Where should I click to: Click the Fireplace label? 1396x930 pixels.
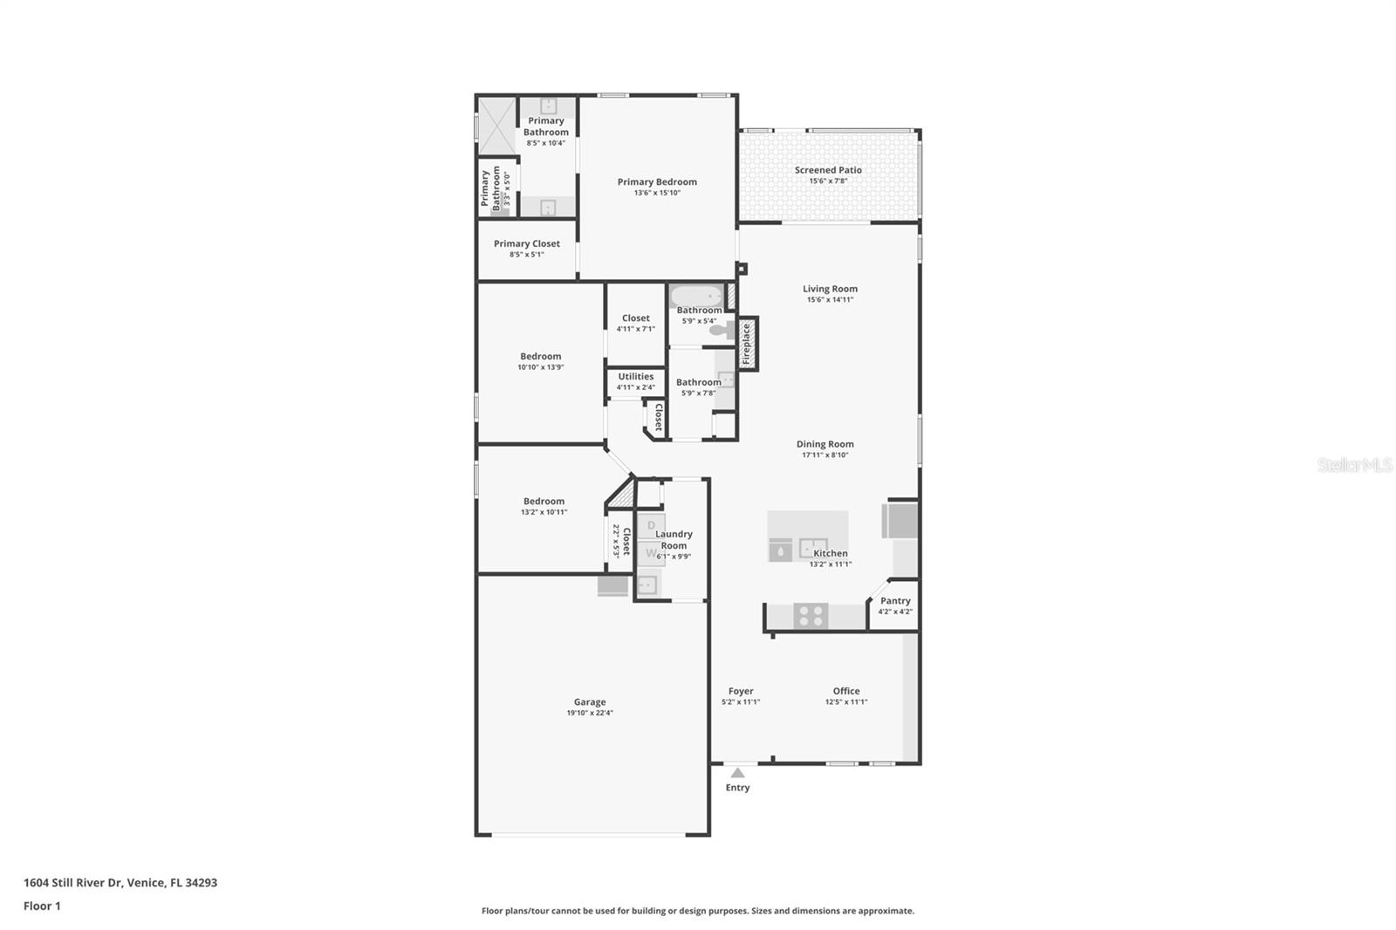(746, 344)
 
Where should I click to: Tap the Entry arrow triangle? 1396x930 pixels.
(737, 773)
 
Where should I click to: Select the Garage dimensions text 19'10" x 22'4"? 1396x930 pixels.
(590, 713)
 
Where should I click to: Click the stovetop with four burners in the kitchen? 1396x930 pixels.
(811, 616)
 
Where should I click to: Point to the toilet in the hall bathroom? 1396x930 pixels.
(723, 330)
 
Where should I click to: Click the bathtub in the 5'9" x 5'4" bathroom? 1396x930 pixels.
(697, 296)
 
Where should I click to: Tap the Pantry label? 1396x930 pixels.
(895, 601)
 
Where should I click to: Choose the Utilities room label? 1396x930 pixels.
(636, 377)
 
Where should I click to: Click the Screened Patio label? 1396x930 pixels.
(828, 170)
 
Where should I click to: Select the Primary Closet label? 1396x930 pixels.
(527, 243)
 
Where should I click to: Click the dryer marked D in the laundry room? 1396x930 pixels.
(651, 525)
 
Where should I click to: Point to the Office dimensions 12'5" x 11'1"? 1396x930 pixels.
(846, 702)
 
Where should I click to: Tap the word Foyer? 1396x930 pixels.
(741, 691)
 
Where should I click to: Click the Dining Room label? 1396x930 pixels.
(825, 444)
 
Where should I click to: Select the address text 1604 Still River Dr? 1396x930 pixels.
(74, 883)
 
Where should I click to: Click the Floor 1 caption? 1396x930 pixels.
(43, 906)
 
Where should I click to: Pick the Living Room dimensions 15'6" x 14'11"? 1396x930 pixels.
(830, 300)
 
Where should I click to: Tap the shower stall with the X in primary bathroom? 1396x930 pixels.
(496, 126)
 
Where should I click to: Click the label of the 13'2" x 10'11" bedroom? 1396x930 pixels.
(544, 501)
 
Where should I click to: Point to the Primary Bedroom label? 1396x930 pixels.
(657, 182)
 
